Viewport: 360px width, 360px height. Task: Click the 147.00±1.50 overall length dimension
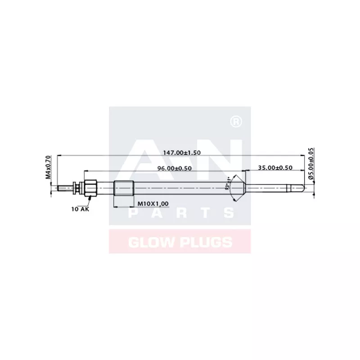(x=182, y=153)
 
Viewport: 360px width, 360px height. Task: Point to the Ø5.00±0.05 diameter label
(x=311, y=164)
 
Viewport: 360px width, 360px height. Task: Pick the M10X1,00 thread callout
(x=153, y=204)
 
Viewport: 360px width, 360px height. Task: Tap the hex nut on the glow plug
(x=90, y=187)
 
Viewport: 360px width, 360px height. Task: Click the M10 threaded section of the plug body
(x=123, y=187)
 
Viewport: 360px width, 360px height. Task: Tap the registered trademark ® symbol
(x=235, y=121)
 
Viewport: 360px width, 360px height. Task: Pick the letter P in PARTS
(x=134, y=212)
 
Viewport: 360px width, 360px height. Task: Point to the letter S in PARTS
(x=228, y=212)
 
